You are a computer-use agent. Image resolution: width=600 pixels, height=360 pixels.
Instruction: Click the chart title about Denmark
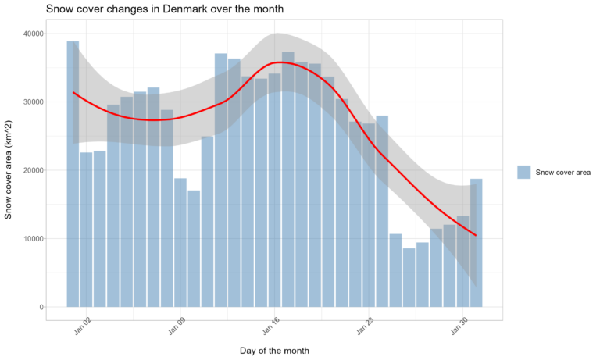pyautogui.click(x=164, y=9)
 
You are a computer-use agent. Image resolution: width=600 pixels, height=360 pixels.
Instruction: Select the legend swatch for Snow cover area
pyautogui.click(x=523, y=172)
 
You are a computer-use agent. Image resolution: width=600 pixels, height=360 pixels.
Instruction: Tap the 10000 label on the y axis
pyautogui.click(x=34, y=238)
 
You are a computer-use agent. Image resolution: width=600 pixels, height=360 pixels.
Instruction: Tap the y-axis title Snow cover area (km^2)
pyautogui.click(x=9, y=169)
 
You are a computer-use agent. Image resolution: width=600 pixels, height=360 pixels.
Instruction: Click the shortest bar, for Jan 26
pyautogui.click(x=409, y=277)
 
